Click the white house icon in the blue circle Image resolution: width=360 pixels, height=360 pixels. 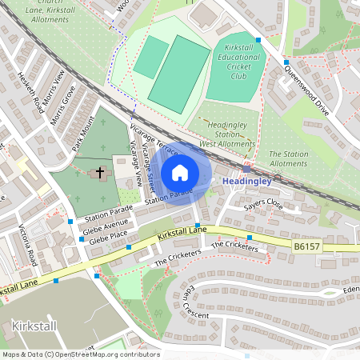tap(179, 173)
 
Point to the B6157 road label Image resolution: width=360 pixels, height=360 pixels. tap(306, 247)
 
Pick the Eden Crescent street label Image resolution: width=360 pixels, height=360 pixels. tap(195, 300)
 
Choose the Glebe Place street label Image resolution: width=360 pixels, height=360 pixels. tap(110, 239)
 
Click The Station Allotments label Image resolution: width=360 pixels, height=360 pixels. tap(288, 158)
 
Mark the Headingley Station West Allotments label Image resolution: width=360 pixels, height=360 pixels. tap(226, 134)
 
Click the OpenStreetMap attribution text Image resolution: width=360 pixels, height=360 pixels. tap(81, 354)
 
